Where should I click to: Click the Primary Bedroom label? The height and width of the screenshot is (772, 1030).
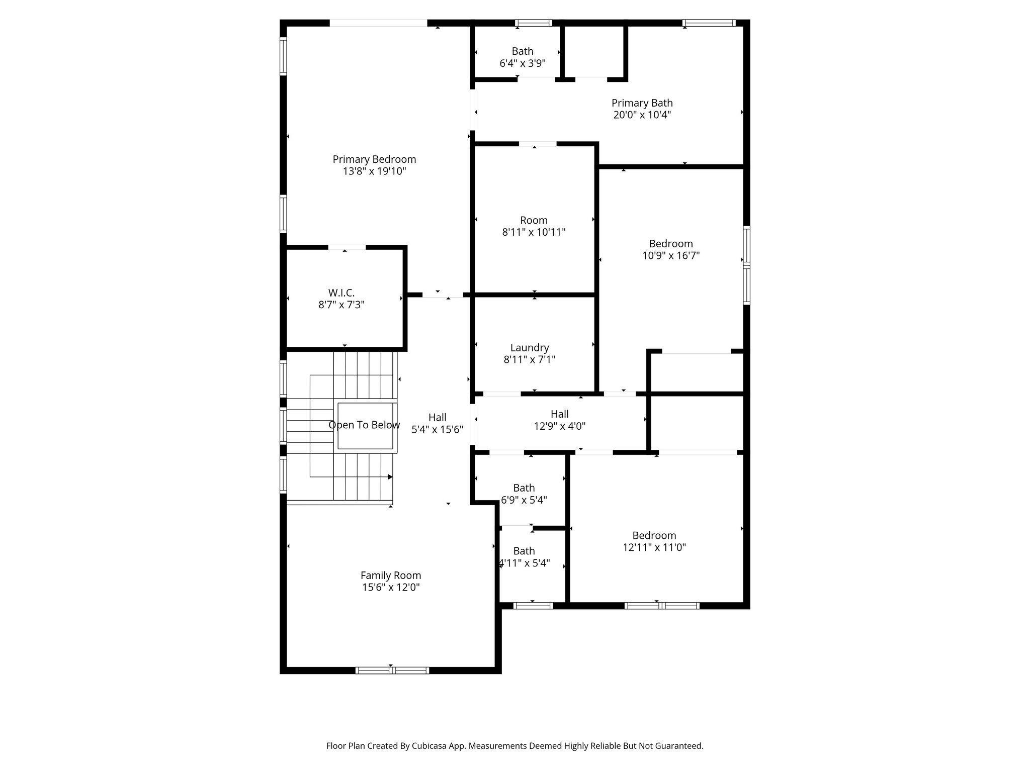[x=374, y=159]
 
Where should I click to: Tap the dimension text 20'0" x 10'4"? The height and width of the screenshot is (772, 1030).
[x=642, y=115]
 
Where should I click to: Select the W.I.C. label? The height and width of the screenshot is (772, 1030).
[x=341, y=293]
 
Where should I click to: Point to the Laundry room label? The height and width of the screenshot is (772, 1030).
[x=529, y=347]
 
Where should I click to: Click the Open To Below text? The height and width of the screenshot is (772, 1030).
[x=364, y=425]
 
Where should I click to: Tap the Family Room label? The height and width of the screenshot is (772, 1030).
[x=390, y=575]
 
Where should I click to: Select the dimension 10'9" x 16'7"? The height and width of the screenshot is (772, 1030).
[x=670, y=256]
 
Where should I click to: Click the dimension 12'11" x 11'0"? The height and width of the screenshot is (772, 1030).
[x=654, y=547]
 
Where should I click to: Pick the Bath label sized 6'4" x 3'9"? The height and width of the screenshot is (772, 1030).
[x=523, y=51]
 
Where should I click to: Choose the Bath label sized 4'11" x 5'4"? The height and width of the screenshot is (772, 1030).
[x=524, y=551]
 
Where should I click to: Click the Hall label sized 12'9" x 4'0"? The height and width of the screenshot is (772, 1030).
[x=559, y=414]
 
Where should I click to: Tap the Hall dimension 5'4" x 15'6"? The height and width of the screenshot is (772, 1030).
[x=437, y=430]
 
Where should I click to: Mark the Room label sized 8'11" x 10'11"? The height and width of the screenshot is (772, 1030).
[x=534, y=220]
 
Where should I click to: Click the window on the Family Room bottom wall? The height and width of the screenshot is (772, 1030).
[x=392, y=670]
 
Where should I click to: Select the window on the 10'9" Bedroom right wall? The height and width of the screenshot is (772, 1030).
[x=747, y=265]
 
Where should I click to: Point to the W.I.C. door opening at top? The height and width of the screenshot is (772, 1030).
[x=347, y=247]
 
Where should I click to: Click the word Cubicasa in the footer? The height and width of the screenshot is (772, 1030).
[x=431, y=746]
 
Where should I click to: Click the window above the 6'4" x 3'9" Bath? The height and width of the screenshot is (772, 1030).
[x=533, y=23]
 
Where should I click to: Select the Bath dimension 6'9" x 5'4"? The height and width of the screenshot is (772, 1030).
[x=524, y=500]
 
